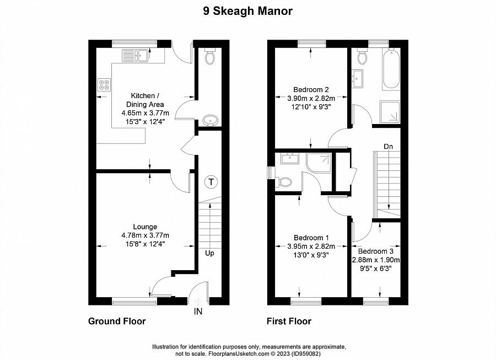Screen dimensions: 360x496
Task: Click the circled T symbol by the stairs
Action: (211, 181)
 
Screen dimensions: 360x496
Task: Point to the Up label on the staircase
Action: (211, 254)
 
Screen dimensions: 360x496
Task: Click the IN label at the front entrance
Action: (198, 311)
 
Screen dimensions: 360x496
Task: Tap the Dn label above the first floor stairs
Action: (389, 147)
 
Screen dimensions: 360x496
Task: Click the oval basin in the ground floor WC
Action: (210, 119)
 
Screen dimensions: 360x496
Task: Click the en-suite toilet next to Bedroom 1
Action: (284, 181)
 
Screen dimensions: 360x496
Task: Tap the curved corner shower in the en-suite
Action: (319, 162)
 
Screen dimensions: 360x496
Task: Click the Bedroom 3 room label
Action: (375, 251)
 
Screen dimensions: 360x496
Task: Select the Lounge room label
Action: (145, 227)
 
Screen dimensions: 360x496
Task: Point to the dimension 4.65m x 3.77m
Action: (145, 113)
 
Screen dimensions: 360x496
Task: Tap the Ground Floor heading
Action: (117, 321)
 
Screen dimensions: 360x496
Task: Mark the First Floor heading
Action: (289, 321)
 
